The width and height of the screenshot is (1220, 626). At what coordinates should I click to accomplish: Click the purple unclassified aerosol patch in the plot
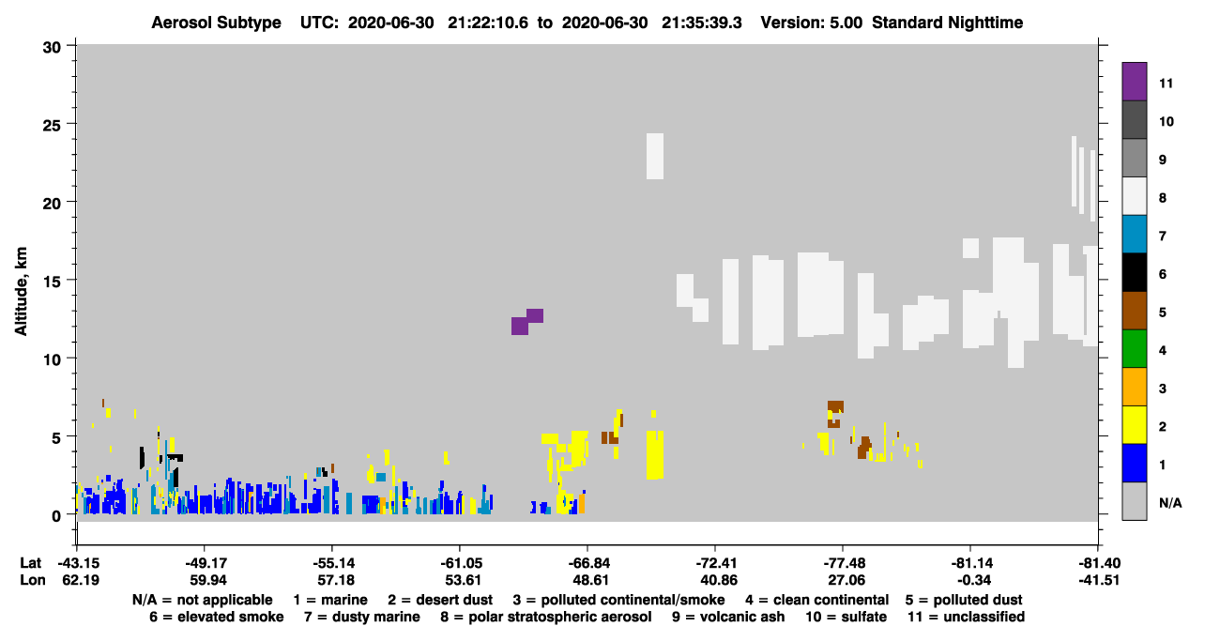pyautogui.click(x=526, y=322)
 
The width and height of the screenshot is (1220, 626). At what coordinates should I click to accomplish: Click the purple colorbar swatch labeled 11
pyautogui.click(x=1134, y=81)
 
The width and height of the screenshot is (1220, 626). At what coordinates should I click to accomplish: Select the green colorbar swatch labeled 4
pyautogui.click(x=1134, y=349)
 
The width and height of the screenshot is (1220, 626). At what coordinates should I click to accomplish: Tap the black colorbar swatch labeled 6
pyautogui.click(x=1134, y=272)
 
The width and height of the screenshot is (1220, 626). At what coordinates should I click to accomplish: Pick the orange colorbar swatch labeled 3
pyautogui.click(x=1134, y=387)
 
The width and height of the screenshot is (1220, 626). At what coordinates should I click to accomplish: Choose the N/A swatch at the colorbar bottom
pyautogui.click(x=1134, y=501)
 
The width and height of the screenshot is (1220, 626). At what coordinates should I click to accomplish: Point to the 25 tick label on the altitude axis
pyautogui.click(x=52, y=126)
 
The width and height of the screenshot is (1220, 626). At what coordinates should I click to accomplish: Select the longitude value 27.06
pyautogui.click(x=846, y=580)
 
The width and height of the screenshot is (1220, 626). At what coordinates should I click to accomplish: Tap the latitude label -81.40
pyautogui.click(x=1099, y=563)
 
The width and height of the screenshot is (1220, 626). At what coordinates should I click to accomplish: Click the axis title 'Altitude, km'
pyautogui.click(x=21, y=291)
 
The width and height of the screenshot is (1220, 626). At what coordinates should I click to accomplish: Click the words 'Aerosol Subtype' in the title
pyautogui.click(x=216, y=23)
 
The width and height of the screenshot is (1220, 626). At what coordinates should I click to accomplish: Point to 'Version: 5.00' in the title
pyautogui.click(x=812, y=23)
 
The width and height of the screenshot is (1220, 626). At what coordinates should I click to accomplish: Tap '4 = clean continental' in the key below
pyautogui.click(x=817, y=600)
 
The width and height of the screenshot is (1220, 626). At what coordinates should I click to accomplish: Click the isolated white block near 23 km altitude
pyautogui.click(x=655, y=157)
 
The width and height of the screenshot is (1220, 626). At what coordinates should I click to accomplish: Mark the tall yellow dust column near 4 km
pyautogui.click(x=655, y=455)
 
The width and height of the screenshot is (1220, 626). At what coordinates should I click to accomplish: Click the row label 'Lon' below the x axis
pyautogui.click(x=33, y=580)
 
